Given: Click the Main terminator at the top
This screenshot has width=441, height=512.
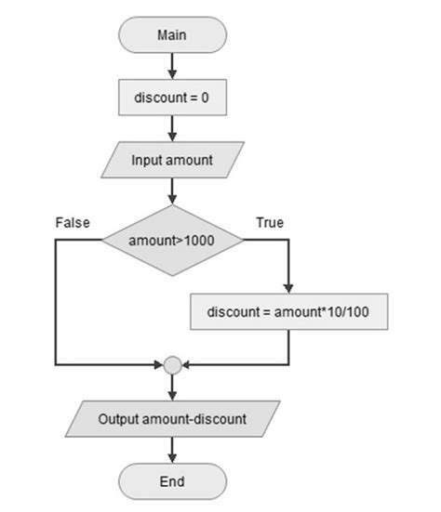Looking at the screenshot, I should click(x=172, y=35).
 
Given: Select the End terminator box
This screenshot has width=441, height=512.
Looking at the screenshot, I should click(x=172, y=481).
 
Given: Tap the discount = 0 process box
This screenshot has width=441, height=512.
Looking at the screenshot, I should click(x=172, y=97).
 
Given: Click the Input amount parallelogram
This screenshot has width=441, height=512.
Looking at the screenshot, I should click(x=172, y=161).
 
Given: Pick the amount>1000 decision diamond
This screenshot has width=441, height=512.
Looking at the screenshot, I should click(x=172, y=241).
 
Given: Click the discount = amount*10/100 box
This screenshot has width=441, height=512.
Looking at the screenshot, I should click(x=287, y=312).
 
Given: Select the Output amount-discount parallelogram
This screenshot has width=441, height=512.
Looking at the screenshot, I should click(x=172, y=419).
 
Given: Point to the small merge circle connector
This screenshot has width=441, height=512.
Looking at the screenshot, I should click(x=172, y=365).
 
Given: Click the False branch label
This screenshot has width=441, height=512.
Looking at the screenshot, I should click(x=72, y=222).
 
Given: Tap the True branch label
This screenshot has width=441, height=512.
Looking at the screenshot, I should click(x=270, y=222).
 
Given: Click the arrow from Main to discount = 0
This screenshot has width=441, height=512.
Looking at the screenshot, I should click(x=172, y=66).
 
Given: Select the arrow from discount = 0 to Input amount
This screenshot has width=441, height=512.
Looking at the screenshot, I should click(x=172, y=128).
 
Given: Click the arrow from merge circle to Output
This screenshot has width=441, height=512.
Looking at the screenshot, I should click(x=172, y=387).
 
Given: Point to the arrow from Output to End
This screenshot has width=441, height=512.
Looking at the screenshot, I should click(x=172, y=451).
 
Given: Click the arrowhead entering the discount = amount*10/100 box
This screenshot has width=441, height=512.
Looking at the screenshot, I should click(x=287, y=289).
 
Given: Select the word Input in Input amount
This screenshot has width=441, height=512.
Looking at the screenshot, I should click(x=146, y=161).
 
